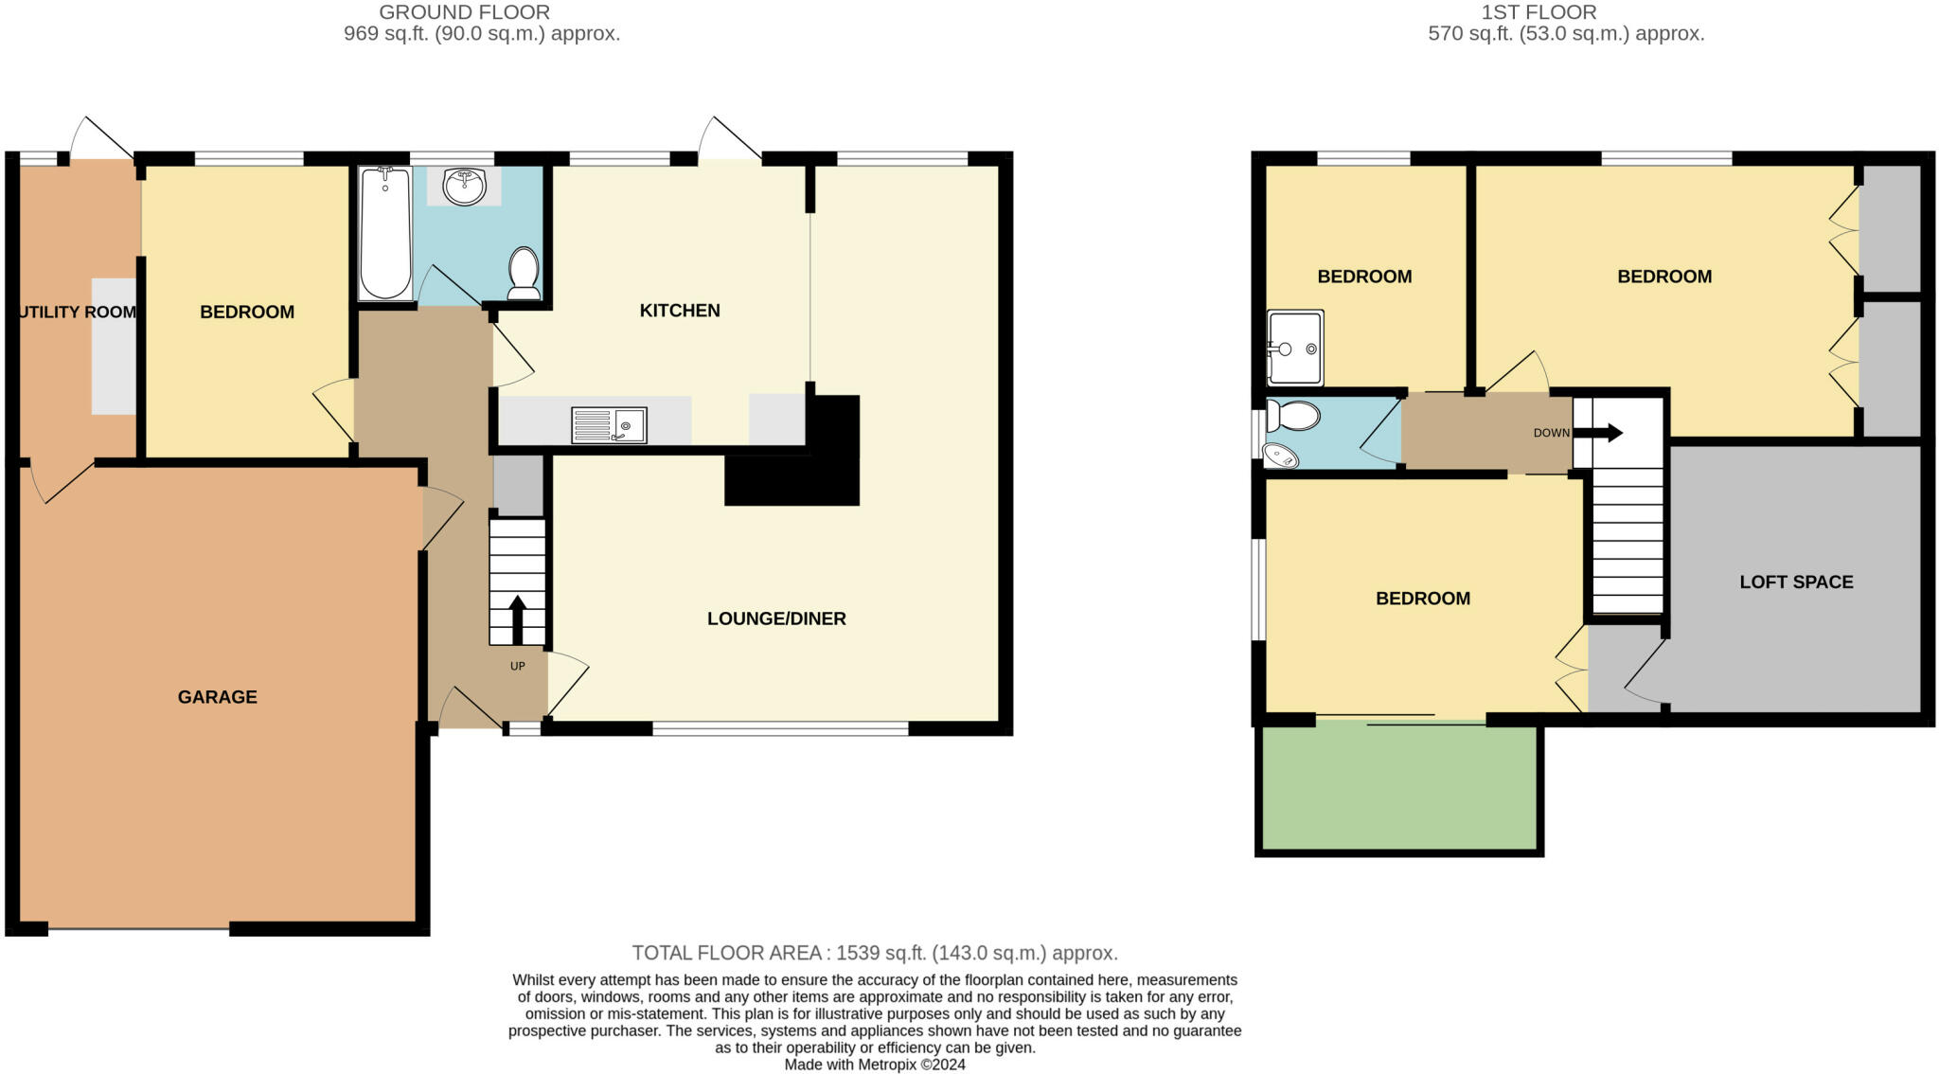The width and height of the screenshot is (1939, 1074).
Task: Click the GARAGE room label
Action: (217, 697)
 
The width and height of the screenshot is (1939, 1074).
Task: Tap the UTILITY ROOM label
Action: (77, 312)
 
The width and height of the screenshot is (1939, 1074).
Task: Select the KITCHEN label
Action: (680, 311)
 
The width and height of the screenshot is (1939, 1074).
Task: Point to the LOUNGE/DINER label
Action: (776, 618)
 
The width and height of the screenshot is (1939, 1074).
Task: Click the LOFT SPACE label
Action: (1796, 582)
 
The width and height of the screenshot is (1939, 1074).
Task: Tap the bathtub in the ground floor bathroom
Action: (385, 233)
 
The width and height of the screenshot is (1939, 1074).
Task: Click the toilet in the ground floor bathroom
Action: (524, 273)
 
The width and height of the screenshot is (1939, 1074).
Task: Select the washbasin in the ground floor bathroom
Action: (464, 187)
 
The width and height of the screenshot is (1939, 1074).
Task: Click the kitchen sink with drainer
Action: (609, 425)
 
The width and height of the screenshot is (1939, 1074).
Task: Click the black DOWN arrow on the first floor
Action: (1598, 433)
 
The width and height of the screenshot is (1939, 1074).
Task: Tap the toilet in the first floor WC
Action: (1292, 416)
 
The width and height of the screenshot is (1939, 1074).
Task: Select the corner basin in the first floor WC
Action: (1281, 456)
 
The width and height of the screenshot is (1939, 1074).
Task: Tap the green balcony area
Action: (1399, 786)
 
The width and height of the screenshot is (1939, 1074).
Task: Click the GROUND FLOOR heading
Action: (464, 12)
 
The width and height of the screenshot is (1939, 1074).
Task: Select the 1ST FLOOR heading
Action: (1566, 12)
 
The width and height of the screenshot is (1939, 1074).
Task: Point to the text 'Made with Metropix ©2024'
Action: (875, 1065)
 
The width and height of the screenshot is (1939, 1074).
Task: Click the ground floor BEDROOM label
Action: (247, 312)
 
